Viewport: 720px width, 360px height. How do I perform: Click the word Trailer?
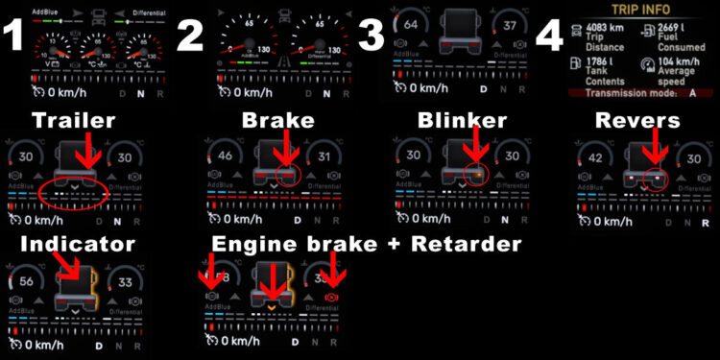click(x=74, y=122)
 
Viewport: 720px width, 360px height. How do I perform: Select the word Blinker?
click(x=463, y=122)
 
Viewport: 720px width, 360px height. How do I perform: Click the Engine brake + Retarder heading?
click(x=367, y=244)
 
